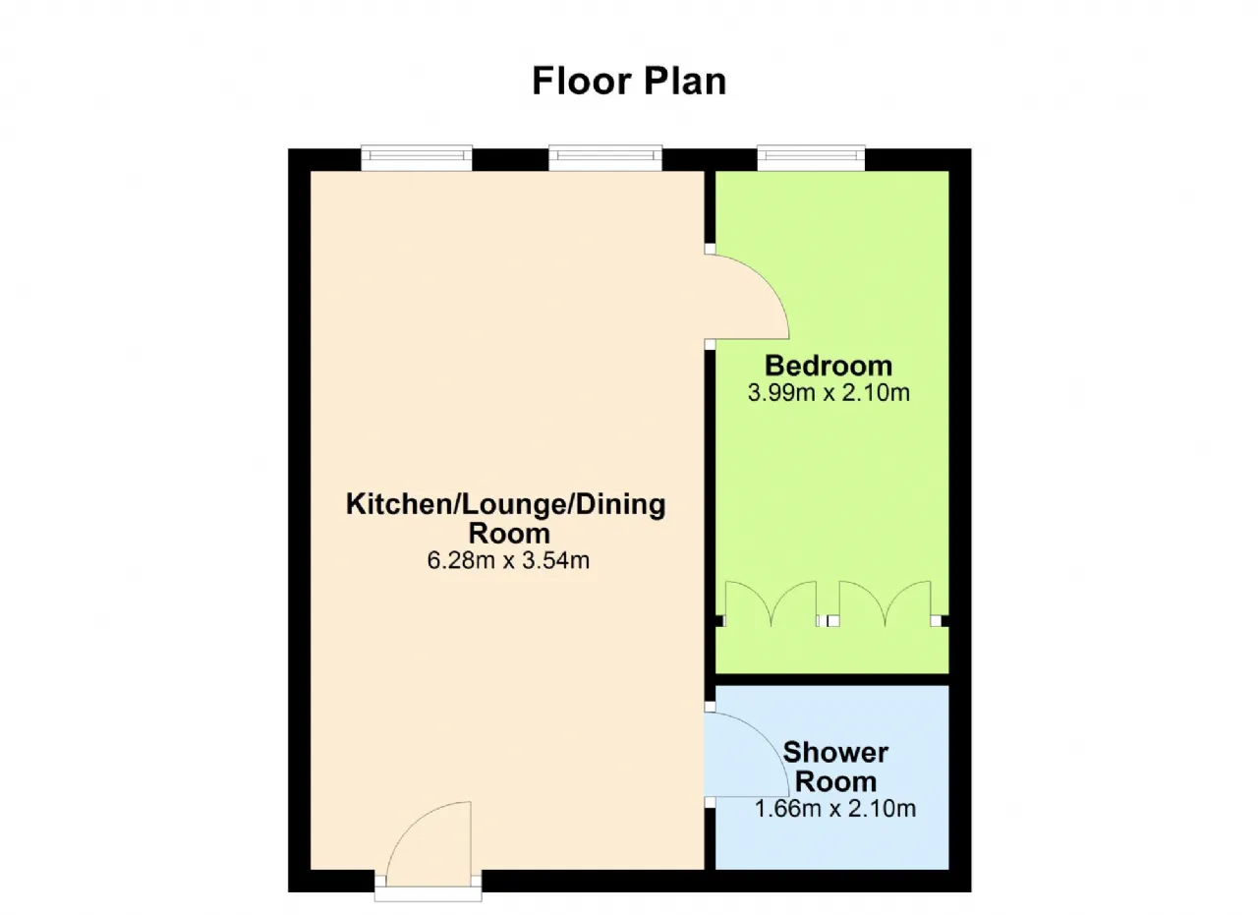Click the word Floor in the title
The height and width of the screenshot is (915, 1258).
[x=582, y=82]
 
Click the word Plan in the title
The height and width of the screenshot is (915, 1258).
[x=685, y=82]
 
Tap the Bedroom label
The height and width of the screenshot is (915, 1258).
[x=829, y=366]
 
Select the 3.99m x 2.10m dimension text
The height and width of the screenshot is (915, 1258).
[x=829, y=392]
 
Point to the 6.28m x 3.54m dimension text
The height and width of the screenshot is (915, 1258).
[x=508, y=560]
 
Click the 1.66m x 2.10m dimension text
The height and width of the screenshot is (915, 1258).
[x=835, y=809]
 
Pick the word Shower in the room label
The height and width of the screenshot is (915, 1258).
[x=835, y=753]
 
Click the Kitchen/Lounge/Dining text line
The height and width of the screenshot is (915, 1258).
[x=506, y=504]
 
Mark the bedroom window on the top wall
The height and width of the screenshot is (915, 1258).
[x=811, y=158]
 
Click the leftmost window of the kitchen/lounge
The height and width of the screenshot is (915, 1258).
[x=416, y=158]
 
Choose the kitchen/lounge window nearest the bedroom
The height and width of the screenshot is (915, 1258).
[x=605, y=158]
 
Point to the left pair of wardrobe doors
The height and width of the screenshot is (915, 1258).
[x=771, y=603]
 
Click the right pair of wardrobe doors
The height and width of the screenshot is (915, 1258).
[x=886, y=603]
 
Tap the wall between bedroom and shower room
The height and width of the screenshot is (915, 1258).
[x=832, y=680]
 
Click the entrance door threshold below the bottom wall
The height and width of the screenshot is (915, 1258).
[x=428, y=896]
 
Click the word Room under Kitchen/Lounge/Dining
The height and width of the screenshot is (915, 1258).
[x=509, y=534]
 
